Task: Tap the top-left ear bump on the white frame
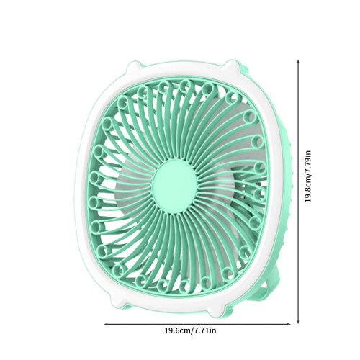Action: (134, 66)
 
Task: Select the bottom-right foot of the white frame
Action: (217, 311)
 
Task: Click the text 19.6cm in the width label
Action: (177, 330)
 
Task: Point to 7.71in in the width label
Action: (204, 330)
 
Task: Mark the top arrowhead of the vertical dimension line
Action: (298, 61)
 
